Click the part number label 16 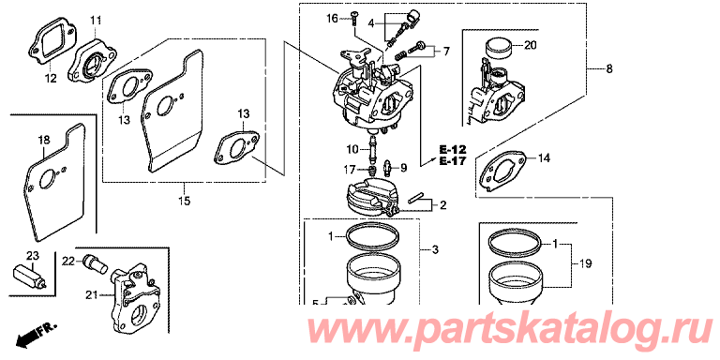click(332, 19)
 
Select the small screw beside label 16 click(354, 18)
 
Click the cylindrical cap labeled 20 click(498, 47)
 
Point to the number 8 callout click(609, 69)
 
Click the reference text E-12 click(452, 150)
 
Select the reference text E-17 click(452, 161)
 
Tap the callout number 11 click(96, 21)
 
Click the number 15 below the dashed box click(185, 201)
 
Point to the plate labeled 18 click(56, 181)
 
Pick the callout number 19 click(585, 264)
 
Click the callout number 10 click(352, 149)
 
